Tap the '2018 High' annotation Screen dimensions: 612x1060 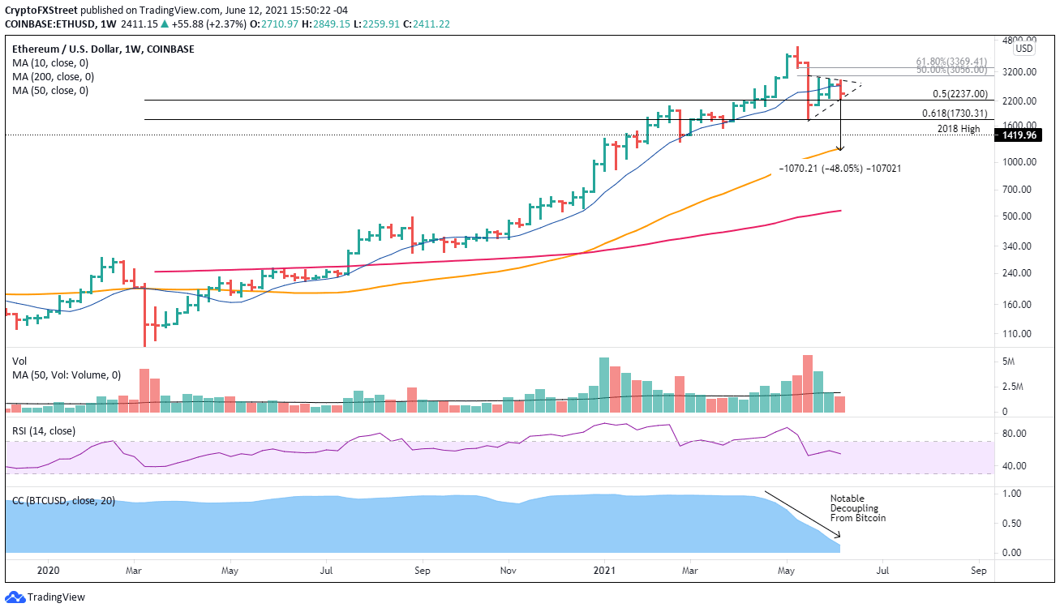[958, 129]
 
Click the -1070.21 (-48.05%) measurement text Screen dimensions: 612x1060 [839, 169]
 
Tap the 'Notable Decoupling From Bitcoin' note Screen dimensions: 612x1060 [857, 508]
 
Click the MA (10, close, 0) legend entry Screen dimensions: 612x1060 [50, 62]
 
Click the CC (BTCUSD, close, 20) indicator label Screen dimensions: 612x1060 [66, 501]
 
